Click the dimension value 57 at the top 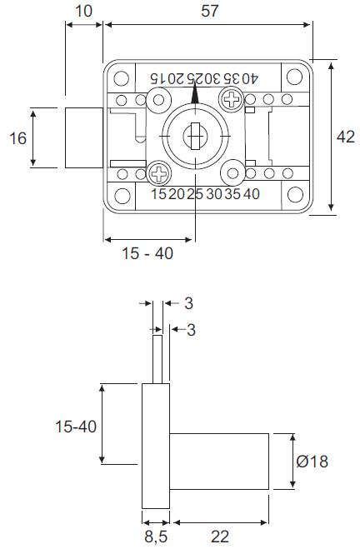(x=210, y=11)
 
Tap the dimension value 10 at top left (x=84, y=11)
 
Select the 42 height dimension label (x=346, y=137)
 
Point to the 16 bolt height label (x=17, y=138)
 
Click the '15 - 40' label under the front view (x=147, y=253)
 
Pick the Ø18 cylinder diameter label (x=312, y=462)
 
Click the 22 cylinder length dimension (x=220, y=537)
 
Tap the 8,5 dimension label (x=156, y=537)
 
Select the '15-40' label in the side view (x=76, y=427)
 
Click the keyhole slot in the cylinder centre (x=195, y=136)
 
